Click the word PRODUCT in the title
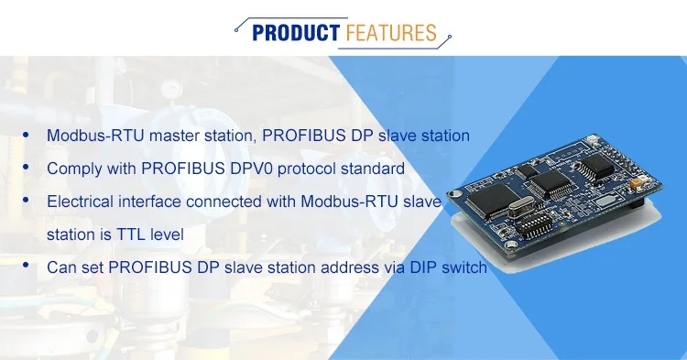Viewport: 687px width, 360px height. point(295,34)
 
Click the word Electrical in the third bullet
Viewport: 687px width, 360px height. point(80,201)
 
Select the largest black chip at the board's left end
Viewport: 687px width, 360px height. point(492,198)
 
